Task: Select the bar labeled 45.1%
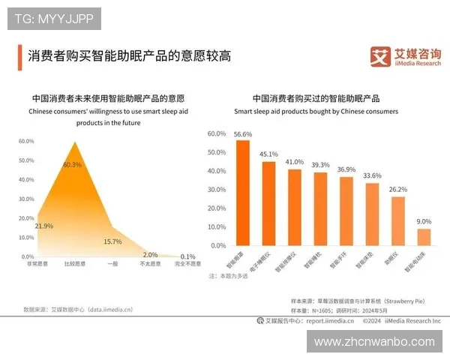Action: click(x=268, y=203)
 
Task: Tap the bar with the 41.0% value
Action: click(x=295, y=207)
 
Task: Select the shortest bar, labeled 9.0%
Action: click(x=424, y=237)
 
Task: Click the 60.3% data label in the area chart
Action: click(x=73, y=165)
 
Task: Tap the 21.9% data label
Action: click(x=44, y=226)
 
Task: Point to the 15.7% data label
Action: click(x=112, y=241)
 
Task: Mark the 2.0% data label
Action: click(x=150, y=255)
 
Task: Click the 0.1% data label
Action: click(x=187, y=256)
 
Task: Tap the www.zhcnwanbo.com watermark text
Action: click(x=374, y=341)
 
